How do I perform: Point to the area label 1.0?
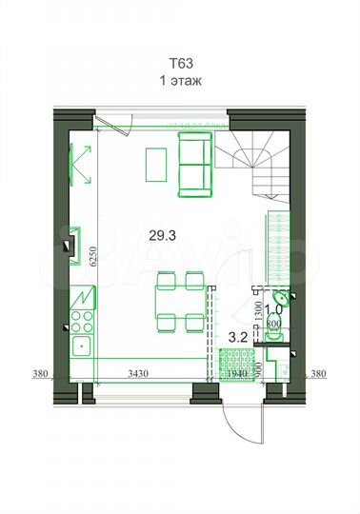tap(273, 309)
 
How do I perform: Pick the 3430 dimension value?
tap(140, 374)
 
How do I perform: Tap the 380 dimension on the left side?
tap(37, 373)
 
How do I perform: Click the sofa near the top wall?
tap(195, 161)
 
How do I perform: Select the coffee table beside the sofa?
tap(153, 164)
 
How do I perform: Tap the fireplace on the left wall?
tap(72, 241)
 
